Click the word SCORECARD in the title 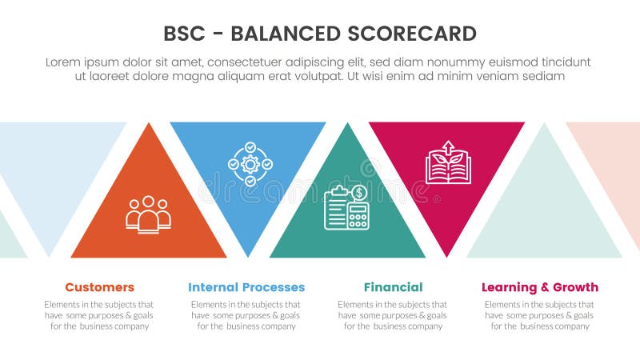(x=413, y=34)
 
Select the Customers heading (x=99, y=287)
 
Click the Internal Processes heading (x=246, y=287)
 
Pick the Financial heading (x=393, y=287)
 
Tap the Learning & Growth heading (x=540, y=287)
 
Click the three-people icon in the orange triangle (x=148, y=214)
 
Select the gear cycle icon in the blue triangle (x=250, y=164)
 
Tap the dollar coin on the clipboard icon (x=359, y=193)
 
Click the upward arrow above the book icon (x=448, y=148)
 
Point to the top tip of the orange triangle (x=148, y=124)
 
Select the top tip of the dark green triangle (x=347, y=124)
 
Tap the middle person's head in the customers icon (x=148, y=202)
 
